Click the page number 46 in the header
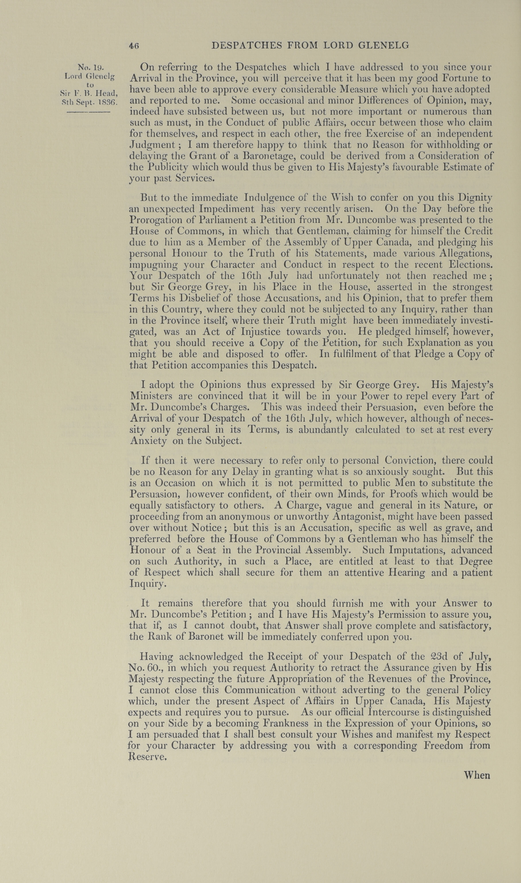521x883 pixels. click(134, 45)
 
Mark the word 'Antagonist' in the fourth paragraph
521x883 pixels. click(358, 516)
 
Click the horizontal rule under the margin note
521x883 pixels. click(89, 112)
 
